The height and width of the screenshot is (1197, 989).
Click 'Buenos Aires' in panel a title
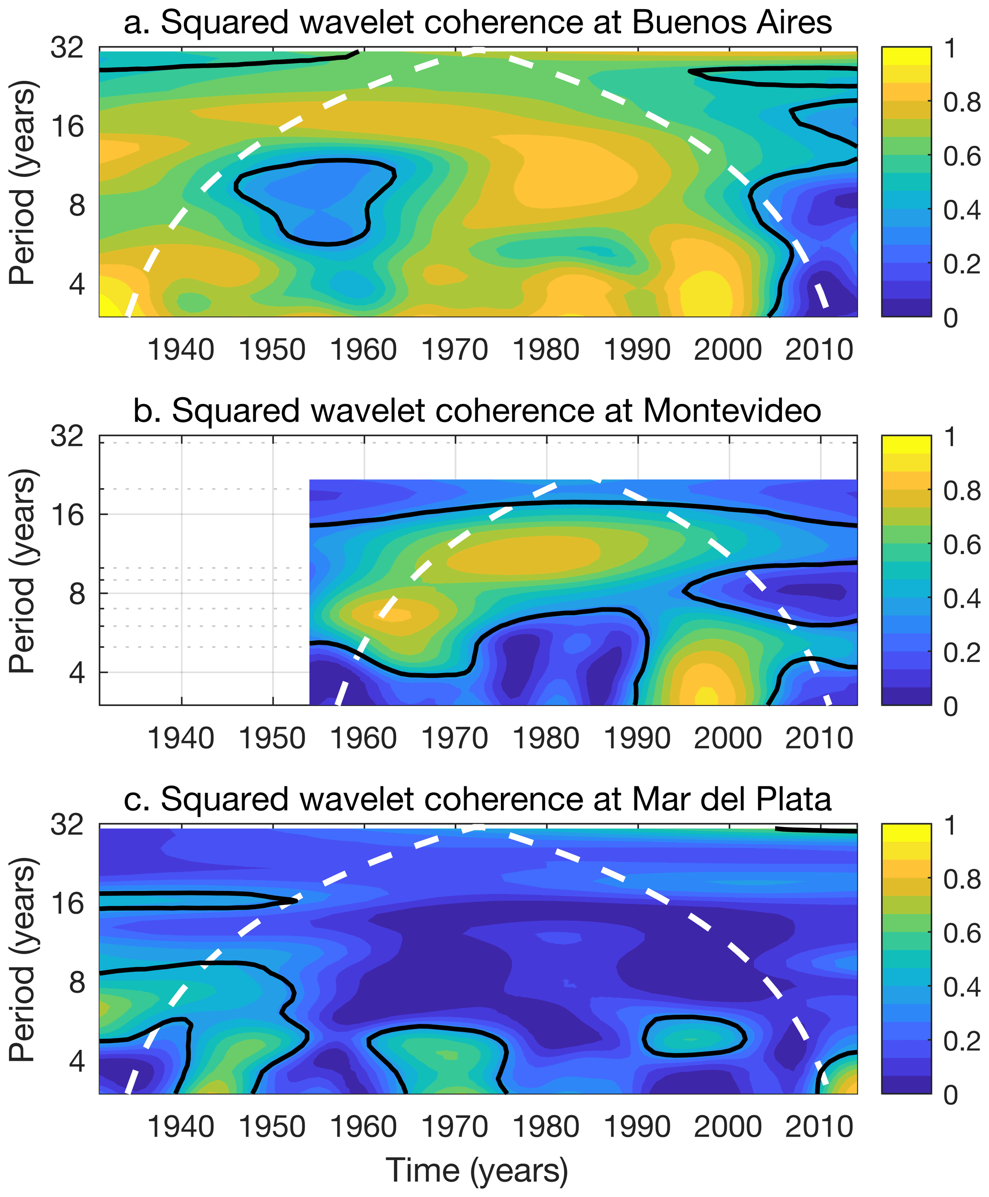coord(732,23)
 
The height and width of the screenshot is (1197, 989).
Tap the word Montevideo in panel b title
coord(732,410)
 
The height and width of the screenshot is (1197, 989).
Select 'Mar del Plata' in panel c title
coord(732,799)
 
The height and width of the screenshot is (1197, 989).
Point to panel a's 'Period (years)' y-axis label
coord(23,182)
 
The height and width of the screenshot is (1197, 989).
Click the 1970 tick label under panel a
coord(455,349)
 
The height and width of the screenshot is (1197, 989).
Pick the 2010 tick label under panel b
coord(819,738)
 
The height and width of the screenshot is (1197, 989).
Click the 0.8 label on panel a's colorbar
coord(962,102)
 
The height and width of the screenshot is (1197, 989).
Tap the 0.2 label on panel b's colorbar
coord(962,653)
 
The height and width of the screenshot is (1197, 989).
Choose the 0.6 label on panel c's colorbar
coord(962,934)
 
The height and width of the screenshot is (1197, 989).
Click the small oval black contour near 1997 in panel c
coord(694,1036)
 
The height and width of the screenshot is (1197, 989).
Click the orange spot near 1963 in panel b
coord(393,615)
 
